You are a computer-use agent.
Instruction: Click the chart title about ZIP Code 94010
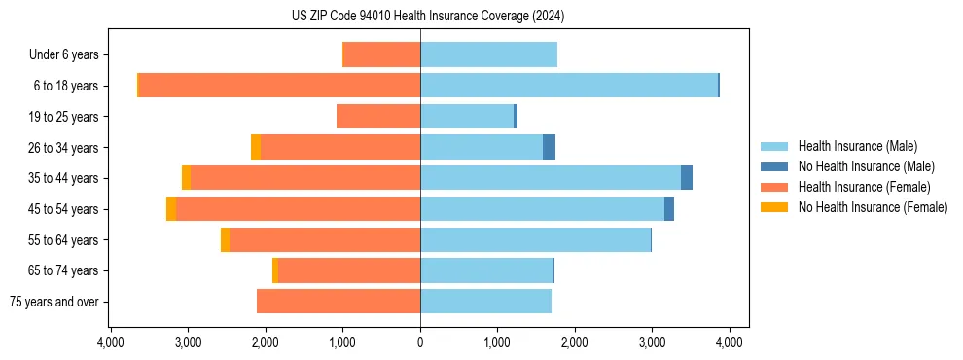427,17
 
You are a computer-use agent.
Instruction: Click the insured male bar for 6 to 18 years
568,86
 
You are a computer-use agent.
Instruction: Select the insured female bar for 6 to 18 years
279,86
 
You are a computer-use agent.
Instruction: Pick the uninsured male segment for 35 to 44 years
687,178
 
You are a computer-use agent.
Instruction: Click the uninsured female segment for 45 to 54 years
171,209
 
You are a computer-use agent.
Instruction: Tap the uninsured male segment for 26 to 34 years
549,147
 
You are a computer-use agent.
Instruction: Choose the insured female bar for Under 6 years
382,55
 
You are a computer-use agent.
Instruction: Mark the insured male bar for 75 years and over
485,302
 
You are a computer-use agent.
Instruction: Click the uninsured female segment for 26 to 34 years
256,147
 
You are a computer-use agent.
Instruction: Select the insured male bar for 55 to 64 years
535,239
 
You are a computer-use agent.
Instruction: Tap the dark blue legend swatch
774,166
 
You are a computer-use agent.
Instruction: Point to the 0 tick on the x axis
420,342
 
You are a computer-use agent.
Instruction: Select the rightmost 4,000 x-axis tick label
730,342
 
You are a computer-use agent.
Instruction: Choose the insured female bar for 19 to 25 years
378,117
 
